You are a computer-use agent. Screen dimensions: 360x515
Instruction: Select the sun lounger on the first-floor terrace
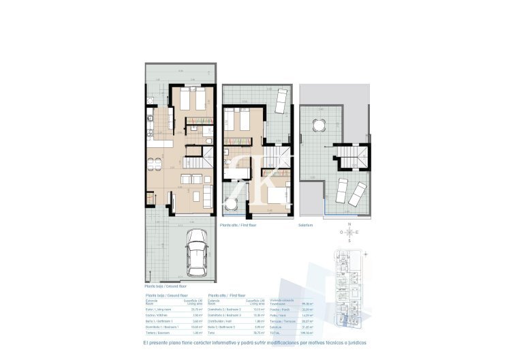281,102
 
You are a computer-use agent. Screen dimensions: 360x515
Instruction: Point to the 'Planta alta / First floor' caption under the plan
238,224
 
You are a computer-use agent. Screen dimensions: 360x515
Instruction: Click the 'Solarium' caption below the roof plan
305,224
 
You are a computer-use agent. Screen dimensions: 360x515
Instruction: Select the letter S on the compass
349,241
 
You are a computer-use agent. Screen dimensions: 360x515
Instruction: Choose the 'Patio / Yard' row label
278,316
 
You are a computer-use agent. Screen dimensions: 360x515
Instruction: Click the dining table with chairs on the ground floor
155,163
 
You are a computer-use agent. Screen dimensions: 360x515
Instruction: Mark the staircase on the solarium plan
355,156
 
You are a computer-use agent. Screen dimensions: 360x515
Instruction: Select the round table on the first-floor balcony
232,202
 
